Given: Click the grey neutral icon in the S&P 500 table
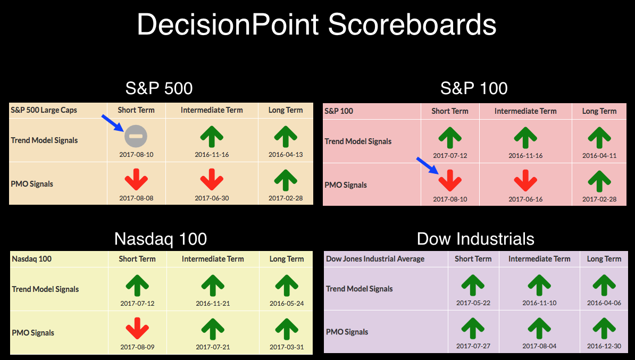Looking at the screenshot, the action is click(x=136, y=136).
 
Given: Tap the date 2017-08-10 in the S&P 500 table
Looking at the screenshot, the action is click(x=136, y=155).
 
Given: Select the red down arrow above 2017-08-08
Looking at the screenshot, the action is click(x=136, y=179).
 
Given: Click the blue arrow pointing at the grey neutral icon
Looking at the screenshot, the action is click(x=113, y=123).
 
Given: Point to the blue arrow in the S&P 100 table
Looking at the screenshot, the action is click(x=428, y=166).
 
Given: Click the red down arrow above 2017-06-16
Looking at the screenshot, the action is click(x=525, y=180).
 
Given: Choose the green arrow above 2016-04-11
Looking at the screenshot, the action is click(x=599, y=137).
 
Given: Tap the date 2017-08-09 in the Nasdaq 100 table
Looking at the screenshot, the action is click(x=137, y=347).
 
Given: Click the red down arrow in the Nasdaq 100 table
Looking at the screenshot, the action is click(x=137, y=329).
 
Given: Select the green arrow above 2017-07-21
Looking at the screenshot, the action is click(x=213, y=329).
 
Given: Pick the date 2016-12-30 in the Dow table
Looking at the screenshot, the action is click(x=604, y=346).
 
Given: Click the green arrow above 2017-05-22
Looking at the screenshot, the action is click(x=473, y=285).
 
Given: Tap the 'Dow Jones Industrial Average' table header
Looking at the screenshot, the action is click(x=375, y=259).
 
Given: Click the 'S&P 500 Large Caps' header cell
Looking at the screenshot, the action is click(x=44, y=110).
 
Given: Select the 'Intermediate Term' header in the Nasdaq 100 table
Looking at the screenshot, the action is click(x=213, y=259).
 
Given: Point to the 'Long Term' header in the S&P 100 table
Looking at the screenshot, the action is click(x=599, y=111).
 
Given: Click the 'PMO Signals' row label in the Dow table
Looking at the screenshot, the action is click(x=347, y=332).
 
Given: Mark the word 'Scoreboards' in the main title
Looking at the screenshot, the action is click(x=412, y=24).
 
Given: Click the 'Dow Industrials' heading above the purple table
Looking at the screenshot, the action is click(x=475, y=239).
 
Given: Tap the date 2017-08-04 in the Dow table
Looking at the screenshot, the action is click(x=539, y=346).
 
